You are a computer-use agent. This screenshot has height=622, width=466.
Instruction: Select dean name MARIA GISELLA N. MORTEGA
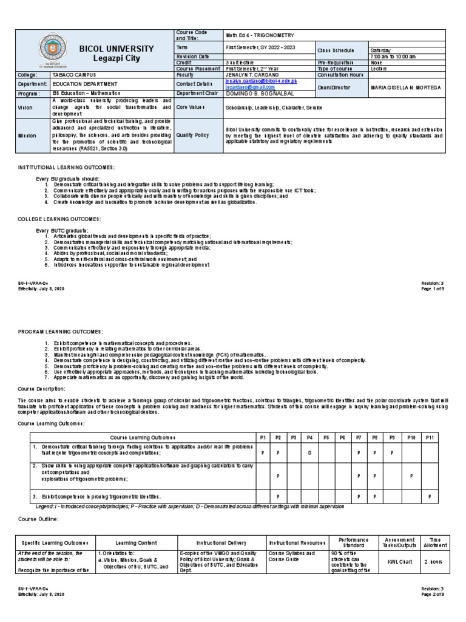pos(405,87)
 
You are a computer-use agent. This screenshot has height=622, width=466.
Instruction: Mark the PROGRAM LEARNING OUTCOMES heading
pos(61,331)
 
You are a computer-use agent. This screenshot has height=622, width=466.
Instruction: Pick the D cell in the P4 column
pos(309,453)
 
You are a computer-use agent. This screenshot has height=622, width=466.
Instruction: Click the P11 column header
pos(430,437)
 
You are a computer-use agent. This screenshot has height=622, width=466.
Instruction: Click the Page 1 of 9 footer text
pos(432,289)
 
